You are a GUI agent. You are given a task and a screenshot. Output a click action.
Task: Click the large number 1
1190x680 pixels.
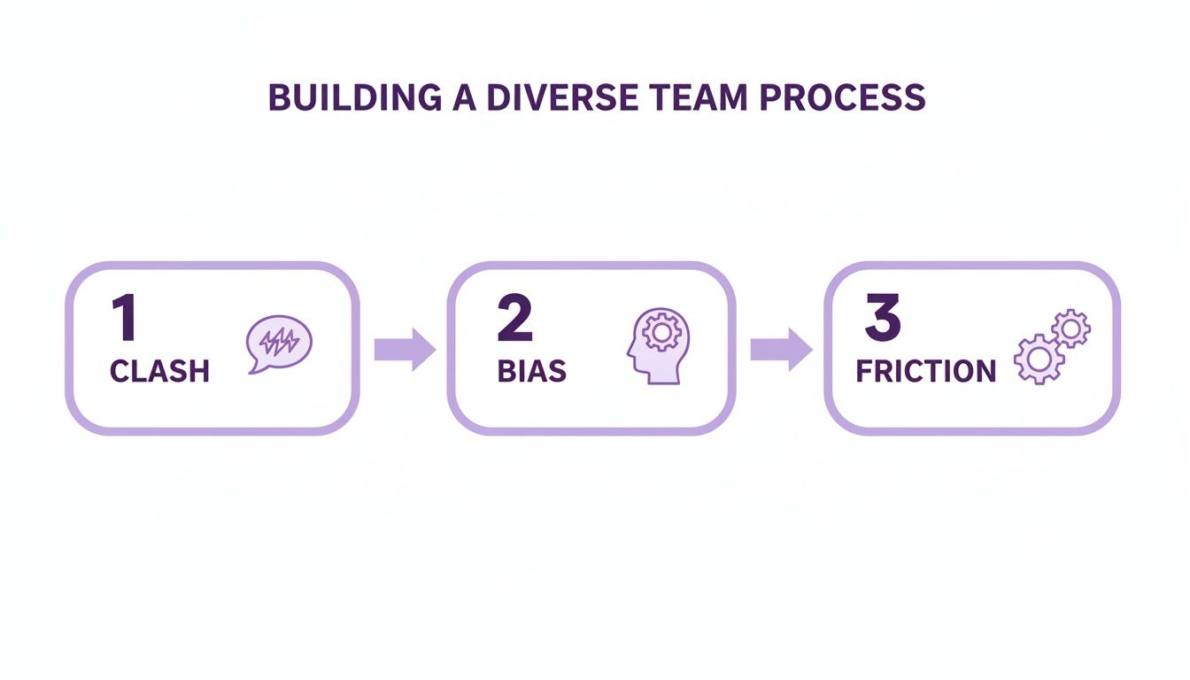(x=124, y=319)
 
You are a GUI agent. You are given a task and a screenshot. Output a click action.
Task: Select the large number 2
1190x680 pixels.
(x=514, y=319)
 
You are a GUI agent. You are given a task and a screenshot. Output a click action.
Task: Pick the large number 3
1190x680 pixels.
(x=882, y=319)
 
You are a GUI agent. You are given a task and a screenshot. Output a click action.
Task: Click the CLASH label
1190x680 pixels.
(x=159, y=372)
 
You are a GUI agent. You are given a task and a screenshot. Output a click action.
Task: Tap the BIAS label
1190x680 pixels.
(x=531, y=372)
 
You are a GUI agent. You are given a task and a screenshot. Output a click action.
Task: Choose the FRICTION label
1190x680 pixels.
(x=925, y=372)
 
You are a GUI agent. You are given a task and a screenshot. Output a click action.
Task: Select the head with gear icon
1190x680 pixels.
(x=658, y=346)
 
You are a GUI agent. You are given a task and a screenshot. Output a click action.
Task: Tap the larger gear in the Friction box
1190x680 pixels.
(x=1038, y=359)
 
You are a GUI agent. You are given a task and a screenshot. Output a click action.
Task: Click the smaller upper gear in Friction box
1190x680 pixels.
(x=1070, y=329)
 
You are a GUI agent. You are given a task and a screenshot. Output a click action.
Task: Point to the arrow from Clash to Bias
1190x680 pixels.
(x=405, y=349)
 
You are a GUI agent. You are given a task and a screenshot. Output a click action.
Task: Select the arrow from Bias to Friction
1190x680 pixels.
(x=781, y=349)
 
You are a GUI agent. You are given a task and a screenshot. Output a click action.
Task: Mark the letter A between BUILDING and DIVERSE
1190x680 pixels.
(x=461, y=98)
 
